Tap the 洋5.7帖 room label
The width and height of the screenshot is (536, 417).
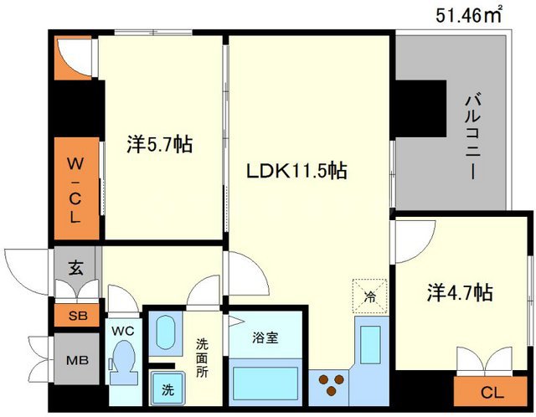click(160, 145)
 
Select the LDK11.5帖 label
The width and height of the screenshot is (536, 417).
click(297, 172)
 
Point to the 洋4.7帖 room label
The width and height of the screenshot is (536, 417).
click(460, 293)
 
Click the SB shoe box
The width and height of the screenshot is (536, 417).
click(76, 316)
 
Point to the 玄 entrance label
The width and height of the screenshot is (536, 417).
click(76, 270)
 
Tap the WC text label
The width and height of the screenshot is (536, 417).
click(122, 331)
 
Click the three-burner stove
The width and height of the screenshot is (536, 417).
click(329, 385)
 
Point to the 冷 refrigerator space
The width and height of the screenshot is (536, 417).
click(369, 295)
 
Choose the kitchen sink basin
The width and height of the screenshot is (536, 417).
click(368, 343)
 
